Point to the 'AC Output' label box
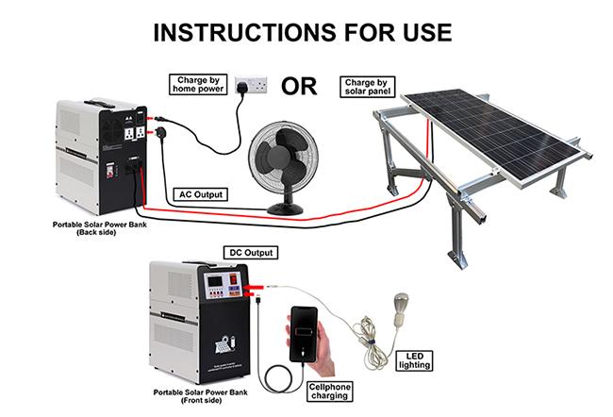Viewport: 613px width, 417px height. click(200, 194)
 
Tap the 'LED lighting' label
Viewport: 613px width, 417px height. click(414, 359)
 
